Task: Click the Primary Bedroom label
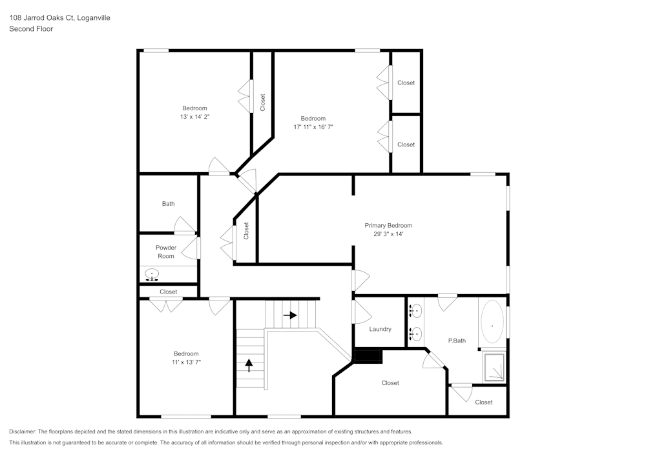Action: coord(388,225)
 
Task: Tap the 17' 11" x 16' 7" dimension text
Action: coord(313,127)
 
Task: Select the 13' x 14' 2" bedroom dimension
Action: coord(194,117)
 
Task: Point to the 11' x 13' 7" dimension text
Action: coord(186,362)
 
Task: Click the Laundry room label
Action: coord(380,329)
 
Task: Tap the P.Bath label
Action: coord(457,341)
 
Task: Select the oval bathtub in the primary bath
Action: coord(493,321)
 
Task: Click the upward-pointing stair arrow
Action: coord(249,366)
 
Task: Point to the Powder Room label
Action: coord(166,252)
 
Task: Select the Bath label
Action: coord(168,204)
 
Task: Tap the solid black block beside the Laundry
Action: coord(369,356)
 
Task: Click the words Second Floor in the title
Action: coord(31,29)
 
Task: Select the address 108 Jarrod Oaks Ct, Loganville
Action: coord(59,18)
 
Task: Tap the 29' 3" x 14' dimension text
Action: coord(388,234)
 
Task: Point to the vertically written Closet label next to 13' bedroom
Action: coord(262,103)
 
